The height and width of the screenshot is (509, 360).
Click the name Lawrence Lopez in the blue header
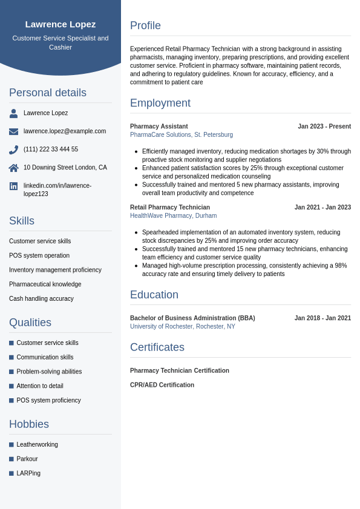(x=61, y=24)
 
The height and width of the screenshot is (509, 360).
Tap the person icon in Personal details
(x=13, y=113)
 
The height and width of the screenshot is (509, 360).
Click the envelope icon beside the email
(x=13, y=131)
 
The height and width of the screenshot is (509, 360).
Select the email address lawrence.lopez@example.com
(x=65, y=131)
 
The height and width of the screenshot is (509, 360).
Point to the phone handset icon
(x=13, y=149)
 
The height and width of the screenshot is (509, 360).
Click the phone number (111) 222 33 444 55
(x=51, y=149)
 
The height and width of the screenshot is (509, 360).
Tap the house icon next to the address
(x=13, y=168)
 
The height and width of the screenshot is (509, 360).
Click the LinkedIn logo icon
(x=13, y=186)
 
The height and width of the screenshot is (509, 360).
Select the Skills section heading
(x=22, y=221)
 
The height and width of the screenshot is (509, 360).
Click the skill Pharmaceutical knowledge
(x=45, y=284)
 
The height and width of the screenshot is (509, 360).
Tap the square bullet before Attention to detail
(x=11, y=386)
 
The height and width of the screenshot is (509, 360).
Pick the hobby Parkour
(x=27, y=459)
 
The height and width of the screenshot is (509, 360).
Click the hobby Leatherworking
(x=38, y=445)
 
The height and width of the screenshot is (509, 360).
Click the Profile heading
(x=145, y=25)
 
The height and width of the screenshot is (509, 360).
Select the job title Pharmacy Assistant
(x=159, y=126)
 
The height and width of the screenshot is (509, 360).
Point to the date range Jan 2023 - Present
(x=324, y=126)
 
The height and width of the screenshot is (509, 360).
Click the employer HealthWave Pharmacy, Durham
(x=173, y=216)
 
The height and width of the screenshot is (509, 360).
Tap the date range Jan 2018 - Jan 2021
(x=322, y=318)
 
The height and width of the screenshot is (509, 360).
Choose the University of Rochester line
(x=183, y=327)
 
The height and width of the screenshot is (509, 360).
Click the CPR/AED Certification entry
(x=162, y=385)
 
